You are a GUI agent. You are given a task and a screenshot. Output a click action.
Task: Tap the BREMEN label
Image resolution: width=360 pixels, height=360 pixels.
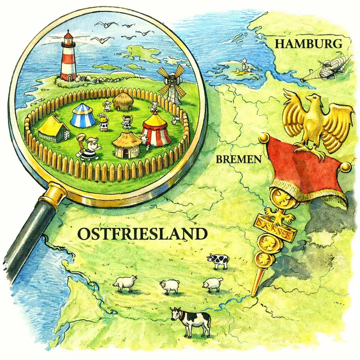[x=239, y=159]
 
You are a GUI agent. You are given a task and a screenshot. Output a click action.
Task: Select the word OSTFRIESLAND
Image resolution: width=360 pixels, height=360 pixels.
[x=142, y=234]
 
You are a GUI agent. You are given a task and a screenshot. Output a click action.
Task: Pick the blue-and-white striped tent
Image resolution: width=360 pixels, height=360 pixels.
[x=83, y=116]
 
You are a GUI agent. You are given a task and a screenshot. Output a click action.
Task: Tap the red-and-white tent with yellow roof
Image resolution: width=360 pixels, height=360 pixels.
[x=156, y=130]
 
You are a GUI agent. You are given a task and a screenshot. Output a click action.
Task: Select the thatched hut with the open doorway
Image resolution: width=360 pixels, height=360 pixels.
[x=127, y=144]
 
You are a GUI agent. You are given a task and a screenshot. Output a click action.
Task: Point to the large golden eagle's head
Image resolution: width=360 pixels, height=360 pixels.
[x=311, y=98]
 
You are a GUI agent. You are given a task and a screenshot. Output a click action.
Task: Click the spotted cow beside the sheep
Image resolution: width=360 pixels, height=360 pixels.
[x=218, y=261]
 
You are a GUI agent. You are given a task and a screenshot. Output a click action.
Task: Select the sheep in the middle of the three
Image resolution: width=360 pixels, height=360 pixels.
[x=170, y=286]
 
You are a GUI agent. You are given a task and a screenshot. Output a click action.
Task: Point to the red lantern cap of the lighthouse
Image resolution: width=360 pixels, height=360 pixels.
[x=69, y=36]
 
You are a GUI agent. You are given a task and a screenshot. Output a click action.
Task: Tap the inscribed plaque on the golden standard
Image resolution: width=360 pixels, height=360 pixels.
[x=276, y=227]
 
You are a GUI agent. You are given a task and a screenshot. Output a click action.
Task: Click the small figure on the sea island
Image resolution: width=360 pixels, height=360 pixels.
[x=243, y=66]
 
